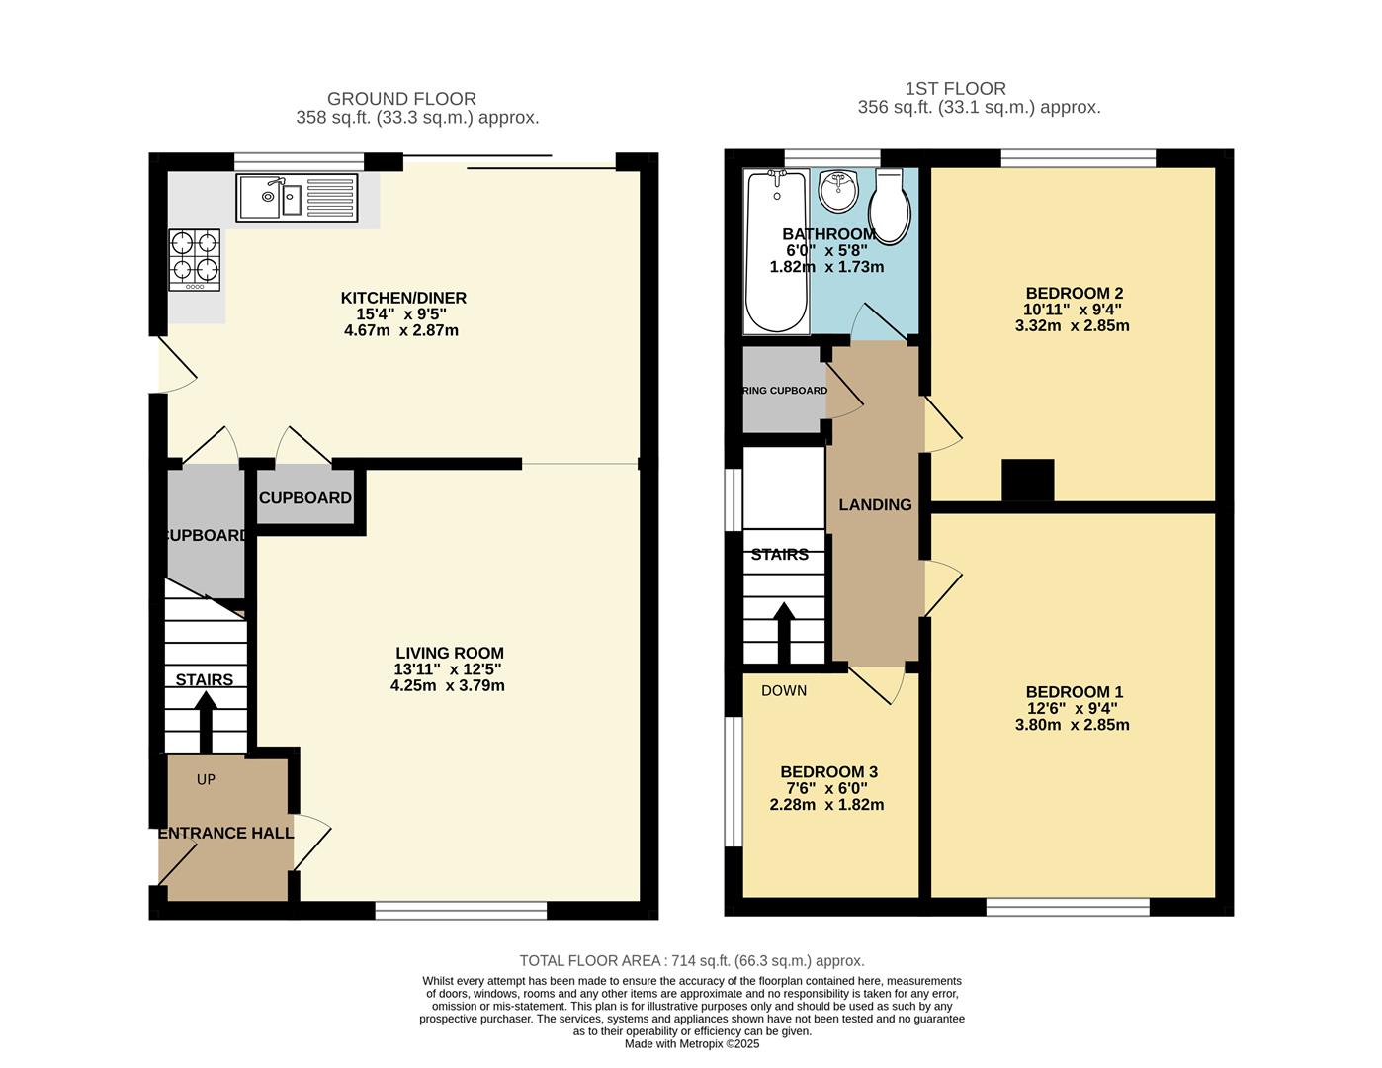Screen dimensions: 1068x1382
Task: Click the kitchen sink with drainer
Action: pos(297,198)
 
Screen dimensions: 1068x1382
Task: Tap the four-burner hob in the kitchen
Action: pos(195,259)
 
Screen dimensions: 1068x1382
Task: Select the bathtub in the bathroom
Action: pos(776,252)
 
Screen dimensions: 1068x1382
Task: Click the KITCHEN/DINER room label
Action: pos(403,298)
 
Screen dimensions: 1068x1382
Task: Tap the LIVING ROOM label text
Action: pos(450,653)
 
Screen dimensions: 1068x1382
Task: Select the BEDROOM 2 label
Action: pos(1074,293)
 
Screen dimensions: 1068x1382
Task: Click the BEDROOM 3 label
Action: pos(828,771)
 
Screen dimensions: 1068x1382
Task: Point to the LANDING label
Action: pos(875,504)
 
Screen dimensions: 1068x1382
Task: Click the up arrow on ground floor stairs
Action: pos(206,722)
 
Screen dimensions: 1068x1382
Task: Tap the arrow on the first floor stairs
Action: pos(783,633)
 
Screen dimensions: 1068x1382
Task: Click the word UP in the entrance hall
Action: pos(206,779)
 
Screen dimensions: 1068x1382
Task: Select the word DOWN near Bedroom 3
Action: pos(784,690)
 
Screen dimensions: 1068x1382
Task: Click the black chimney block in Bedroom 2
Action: pos(1028,481)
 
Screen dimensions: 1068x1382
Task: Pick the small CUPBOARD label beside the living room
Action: pos(305,497)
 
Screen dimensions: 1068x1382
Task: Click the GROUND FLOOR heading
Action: pos(401,99)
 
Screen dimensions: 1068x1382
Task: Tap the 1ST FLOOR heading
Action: pos(956,89)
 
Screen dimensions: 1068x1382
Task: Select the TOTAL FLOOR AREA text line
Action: pos(692,960)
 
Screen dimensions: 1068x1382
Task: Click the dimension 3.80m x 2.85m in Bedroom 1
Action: pos(1072,725)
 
